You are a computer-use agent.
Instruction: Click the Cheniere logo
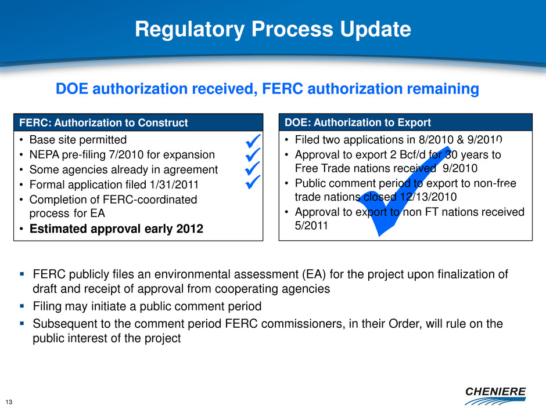pos(495,396)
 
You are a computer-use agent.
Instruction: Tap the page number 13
pos(9,402)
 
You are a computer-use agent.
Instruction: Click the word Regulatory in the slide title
pos(190,29)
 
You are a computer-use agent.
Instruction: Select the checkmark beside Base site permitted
pos(253,140)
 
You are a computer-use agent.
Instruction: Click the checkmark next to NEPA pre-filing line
pos(253,155)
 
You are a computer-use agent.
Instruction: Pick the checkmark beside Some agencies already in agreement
pos(253,168)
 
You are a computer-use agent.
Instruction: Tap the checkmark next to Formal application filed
pos(253,182)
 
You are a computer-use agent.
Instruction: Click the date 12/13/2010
pos(428,197)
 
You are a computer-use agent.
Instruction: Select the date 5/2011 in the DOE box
pos(311,226)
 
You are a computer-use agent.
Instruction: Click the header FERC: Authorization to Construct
pos(103,122)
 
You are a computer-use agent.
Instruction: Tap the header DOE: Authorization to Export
pos(358,122)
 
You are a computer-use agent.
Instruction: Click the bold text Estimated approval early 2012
pos(116,229)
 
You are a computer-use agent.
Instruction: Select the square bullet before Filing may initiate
pos(22,306)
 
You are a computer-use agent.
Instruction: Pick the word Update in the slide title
pos(375,29)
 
